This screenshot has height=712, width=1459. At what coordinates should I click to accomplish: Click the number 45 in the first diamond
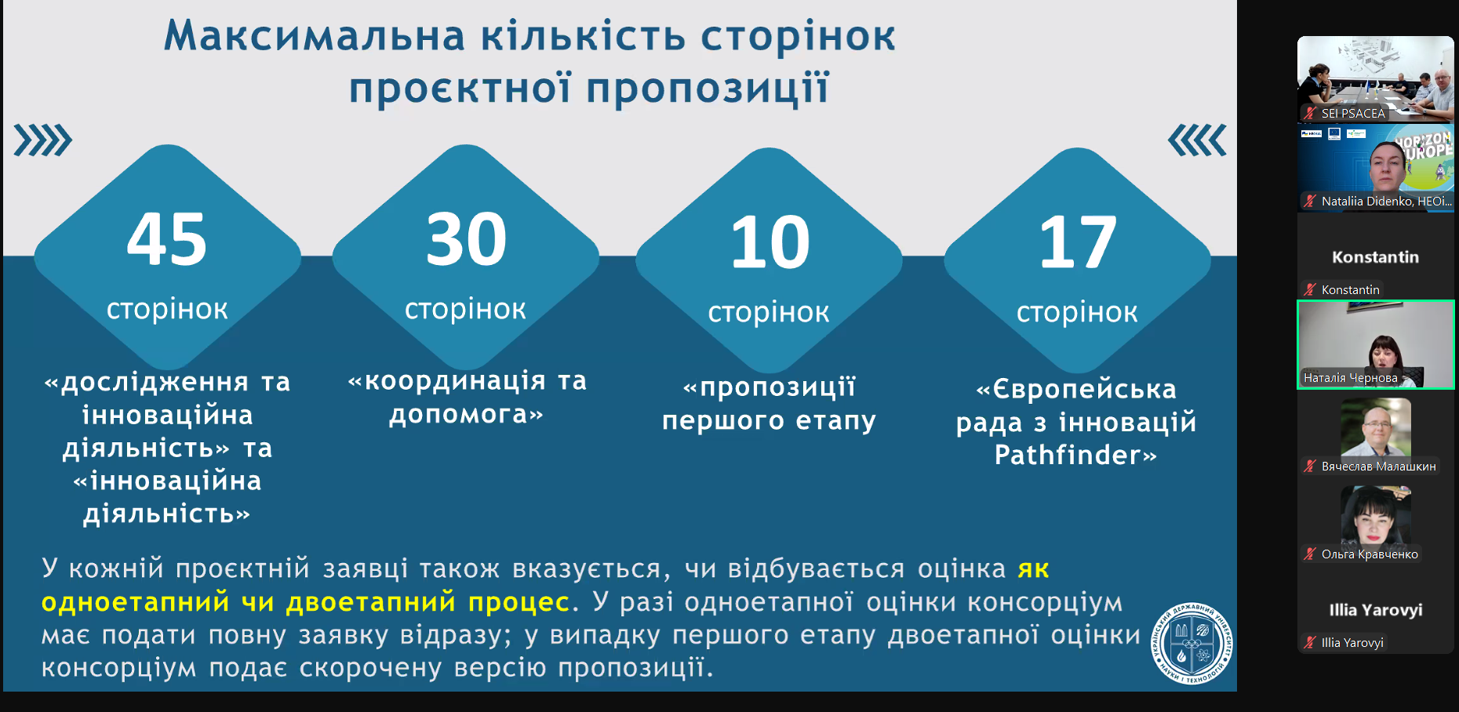167,239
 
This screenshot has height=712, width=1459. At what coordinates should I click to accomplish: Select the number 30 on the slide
466,239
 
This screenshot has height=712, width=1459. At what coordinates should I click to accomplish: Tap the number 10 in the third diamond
770,242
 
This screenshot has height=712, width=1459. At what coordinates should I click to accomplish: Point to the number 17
1078,242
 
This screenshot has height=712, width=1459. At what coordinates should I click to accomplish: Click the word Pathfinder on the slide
1068,455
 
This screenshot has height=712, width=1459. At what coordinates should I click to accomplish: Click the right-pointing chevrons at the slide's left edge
43,140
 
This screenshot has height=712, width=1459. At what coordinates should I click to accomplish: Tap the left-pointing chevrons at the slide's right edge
1197,140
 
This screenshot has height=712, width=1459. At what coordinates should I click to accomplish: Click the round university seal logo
1192,643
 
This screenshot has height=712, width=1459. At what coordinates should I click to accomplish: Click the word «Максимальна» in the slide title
314,36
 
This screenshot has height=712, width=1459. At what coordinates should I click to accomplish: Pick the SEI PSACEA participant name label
1353,113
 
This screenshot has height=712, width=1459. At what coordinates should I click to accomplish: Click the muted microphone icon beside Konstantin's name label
1310,289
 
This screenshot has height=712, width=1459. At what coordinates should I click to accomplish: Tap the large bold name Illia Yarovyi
1376,610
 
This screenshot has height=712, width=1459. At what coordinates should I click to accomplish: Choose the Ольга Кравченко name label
1370,554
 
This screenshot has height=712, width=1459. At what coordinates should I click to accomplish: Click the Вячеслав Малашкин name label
1379,467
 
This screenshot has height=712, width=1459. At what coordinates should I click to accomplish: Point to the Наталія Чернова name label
1351,378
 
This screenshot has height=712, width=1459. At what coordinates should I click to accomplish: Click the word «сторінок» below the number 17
1077,312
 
